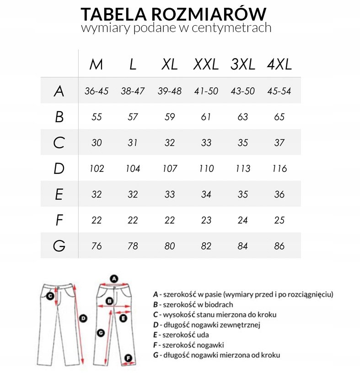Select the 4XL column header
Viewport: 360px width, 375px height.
[279, 64]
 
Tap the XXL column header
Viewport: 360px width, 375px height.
[206, 64]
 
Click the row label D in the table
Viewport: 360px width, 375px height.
[59, 169]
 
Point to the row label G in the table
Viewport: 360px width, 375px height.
[59, 246]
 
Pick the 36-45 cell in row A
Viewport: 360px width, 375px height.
[97, 91]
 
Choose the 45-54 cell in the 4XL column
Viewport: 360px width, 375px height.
[279, 91]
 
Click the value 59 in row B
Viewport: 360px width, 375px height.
[170, 117]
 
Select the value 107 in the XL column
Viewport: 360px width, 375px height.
[170, 169]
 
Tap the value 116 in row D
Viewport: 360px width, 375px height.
[279, 169]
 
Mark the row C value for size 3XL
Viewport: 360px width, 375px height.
[243, 143]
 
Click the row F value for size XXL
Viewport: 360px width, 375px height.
[206, 220]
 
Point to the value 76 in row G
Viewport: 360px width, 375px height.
[97, 246]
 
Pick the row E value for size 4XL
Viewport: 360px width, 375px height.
[279, 194]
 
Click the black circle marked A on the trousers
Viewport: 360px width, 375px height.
[114, 278]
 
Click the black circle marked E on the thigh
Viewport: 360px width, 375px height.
[123, 318]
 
